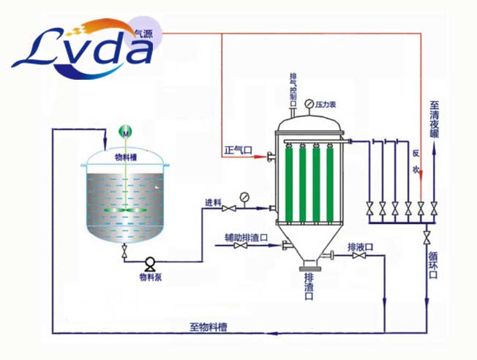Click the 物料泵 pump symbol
[x=150, y=262]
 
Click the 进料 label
[x=213, y=203]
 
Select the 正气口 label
[x=238, y=151]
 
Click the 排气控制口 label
[x=293, y=88]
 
